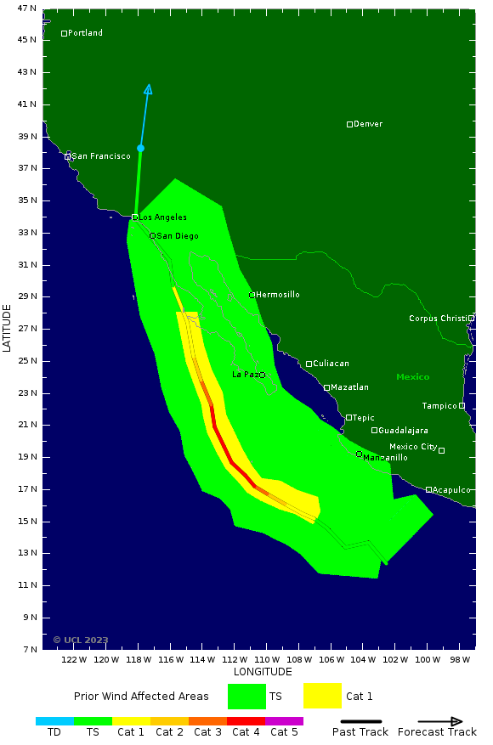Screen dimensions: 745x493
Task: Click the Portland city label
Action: (x=85, y=33)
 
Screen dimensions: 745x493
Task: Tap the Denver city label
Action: (x=368, y=124)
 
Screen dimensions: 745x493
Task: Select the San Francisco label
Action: (x=101, y=156)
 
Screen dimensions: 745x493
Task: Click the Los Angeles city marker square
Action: (x=134, y=217)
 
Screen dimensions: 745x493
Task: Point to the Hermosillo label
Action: (x=278, y=295)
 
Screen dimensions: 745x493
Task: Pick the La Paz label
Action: (x=245, y=375)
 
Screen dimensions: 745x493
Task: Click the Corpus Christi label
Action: (x=438, y=319)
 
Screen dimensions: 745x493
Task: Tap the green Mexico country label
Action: (x=412, y=377)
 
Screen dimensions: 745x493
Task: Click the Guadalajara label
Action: (x=403, y=431)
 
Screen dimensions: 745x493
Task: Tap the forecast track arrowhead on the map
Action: (x=149, y=89)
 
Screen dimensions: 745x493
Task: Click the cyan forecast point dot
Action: (x=140, y=149)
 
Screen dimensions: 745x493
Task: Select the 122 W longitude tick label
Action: (x=74, y=659)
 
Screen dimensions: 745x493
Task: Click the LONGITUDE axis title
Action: (x=263, y=672)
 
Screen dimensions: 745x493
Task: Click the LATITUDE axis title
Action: (x=8, y=328)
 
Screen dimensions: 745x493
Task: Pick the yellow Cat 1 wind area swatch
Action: (x=322, y=696)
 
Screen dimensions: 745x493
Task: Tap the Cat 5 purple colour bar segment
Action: (x=284, y=721)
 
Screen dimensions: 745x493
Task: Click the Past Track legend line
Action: (x=360, y=721)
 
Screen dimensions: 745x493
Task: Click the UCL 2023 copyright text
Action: (x=81, y=641)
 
